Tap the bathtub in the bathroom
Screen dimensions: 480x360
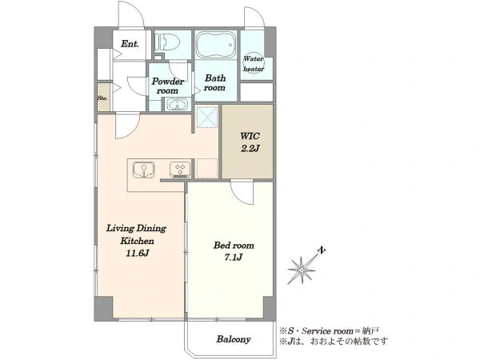[216, 45]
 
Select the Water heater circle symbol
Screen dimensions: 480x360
[253, 63]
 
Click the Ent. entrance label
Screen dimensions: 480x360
[130, 44]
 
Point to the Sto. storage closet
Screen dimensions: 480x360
[103, 98]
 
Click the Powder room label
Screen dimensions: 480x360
[168, 86]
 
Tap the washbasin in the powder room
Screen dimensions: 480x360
[177, 105]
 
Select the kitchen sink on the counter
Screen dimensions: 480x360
[143, 170]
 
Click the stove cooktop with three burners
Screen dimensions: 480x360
[180, 170]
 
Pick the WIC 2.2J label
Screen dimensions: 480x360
[250, 142]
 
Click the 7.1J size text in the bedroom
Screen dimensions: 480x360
[234, 258]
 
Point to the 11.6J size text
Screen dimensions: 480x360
[137, 253]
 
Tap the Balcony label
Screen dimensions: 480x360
[234, 339]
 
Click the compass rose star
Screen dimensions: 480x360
[302, 270]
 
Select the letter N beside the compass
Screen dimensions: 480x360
[321, 250]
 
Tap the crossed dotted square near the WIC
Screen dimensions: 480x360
[207, 117]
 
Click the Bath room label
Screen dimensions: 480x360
[215, 83]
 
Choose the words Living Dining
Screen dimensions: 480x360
[136, 229]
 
